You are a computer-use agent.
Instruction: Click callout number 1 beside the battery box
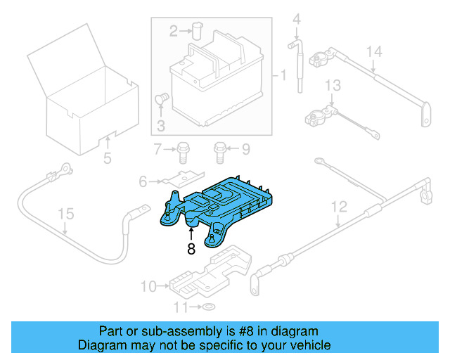pyautogui.click(x=283, y=75)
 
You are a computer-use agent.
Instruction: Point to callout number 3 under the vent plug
pyautogui.click(x=160, y=127)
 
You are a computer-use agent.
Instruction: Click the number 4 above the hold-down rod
pyautogui.click(x=296, y=19)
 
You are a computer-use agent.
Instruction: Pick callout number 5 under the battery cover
pyautogui.click(x=107, y=159)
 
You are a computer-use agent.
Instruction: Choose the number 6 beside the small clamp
pyautogui.click(x=143, y=182)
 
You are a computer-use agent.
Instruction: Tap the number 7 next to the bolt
pyautogui.click(x=158, y=149)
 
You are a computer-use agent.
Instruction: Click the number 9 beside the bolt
pyautogui.click(x=245, y=149)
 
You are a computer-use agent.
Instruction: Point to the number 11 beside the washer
pyautogui.click(x=181, y=308)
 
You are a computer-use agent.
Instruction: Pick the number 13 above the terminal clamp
pyautogui.click(x=333, y=85)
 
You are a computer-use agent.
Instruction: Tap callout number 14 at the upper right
pyautogui.click(x=373, y=51)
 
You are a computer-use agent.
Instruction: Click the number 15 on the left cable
pyautogui.click(x=65, y=214)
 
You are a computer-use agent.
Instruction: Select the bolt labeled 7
pyautogui.click(x=182, y=149)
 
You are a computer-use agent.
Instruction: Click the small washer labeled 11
pyautogui.click(x=209, y=307)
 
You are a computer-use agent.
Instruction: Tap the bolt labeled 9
pyautogui.click(x=220, y=149)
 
